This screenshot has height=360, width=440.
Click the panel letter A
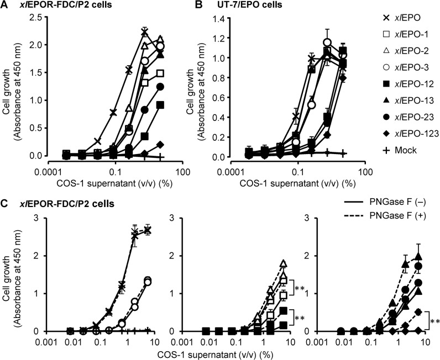pos(5,6)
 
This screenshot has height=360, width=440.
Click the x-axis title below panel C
pos(222,351)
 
